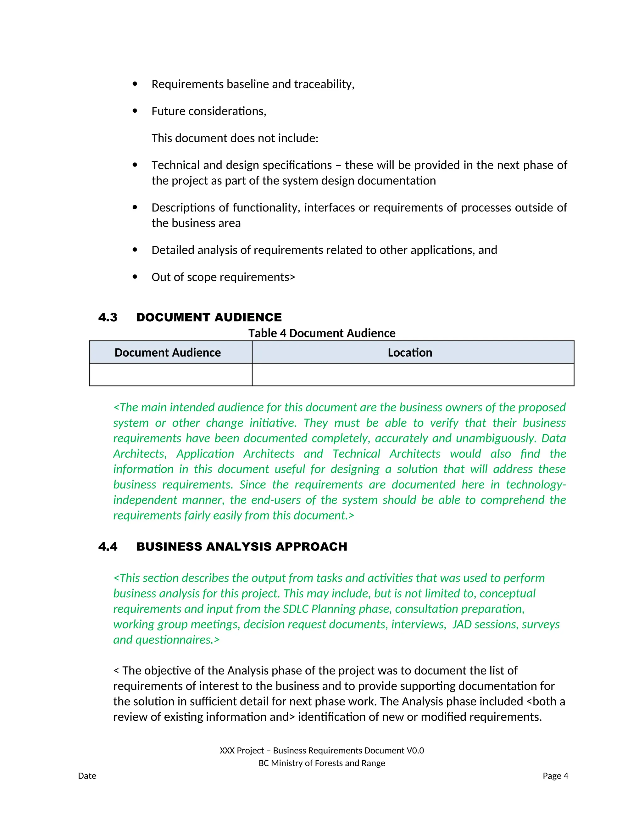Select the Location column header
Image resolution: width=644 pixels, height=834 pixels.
[410, 352]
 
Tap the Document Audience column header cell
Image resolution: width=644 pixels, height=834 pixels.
[168, 352]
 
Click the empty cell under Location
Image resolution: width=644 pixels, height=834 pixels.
[413, 375]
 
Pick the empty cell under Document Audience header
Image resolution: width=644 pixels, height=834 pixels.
[170, 375]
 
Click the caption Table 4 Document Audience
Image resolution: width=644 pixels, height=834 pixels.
[322, 333]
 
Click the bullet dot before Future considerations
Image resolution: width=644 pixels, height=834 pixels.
[135, 111]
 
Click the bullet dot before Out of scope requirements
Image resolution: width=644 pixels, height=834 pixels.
[135, 277]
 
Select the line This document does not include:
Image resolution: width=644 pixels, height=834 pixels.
[235, 138]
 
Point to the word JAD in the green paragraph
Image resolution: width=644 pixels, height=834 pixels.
[462, 624]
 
